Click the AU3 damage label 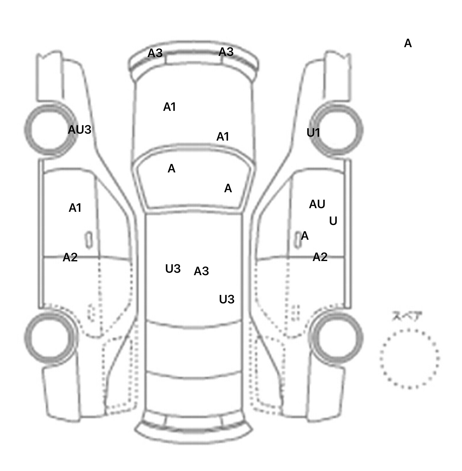pyautogui.click(x=79, y=130)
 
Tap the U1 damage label pyautogui.click(x=313, y=132)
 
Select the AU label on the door pyautogui.click(x=317, y=204)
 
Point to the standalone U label pyautogui.click(x=333, y=221)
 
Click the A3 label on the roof pyautogui.click(x=201, y=271)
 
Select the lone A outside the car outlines pyautogui.click(x=408, y=44)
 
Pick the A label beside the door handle pyautogui.click(x=305, y=236)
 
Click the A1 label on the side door pyautogui.click(x=75, y=208)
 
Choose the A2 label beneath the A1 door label pyautogui.click(x=70, y=257)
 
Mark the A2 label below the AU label pyautogui.click(x=320, y=257)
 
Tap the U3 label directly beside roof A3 pyautogui.click(x=173, y=269)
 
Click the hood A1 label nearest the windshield pyautogui.click(x=223, y=137)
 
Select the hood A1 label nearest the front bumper pyautogui.click(x=169, y=107)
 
